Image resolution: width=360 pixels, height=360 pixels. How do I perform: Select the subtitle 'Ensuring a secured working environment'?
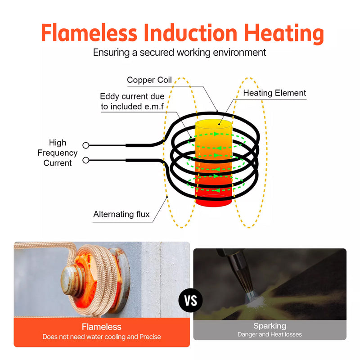click(180, 52)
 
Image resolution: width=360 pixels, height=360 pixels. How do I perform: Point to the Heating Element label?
click(274, 93)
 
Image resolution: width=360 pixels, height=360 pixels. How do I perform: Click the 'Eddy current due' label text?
click(132, 96)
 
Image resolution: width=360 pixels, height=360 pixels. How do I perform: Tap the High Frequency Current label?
click(58, 153)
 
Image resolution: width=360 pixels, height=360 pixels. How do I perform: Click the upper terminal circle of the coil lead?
click(86, 145)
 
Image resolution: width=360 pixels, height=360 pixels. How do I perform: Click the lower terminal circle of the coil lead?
click(86, 160)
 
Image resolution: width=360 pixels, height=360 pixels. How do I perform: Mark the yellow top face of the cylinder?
click(214, 124)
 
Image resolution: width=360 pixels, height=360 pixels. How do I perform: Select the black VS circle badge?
click(191, 300)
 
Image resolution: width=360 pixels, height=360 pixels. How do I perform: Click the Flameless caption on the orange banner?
click(102, 327)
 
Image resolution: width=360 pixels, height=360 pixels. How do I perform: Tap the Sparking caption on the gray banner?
click(270, 326)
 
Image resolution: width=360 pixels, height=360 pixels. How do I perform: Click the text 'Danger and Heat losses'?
click(270, 334)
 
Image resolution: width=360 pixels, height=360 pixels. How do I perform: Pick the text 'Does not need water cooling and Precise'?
click(102, 337)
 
